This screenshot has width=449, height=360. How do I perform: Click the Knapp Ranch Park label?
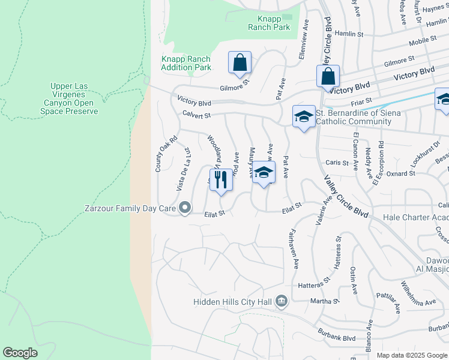[270, 23]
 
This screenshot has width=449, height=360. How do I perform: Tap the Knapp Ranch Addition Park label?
[186, 63]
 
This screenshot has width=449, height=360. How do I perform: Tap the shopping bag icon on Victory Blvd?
[328, 77]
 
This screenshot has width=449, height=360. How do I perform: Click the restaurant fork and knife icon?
[221, 179]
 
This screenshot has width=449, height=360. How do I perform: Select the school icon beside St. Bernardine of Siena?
[304, 116]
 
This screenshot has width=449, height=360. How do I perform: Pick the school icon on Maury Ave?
[263, 173]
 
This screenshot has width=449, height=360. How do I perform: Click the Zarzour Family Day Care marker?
[185, 209]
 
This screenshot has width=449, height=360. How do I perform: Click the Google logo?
[20, 353]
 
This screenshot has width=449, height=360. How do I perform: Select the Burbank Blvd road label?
[336, 338]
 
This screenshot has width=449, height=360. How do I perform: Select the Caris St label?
[337, 163]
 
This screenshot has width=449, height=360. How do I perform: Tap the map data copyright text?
[411, 355]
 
